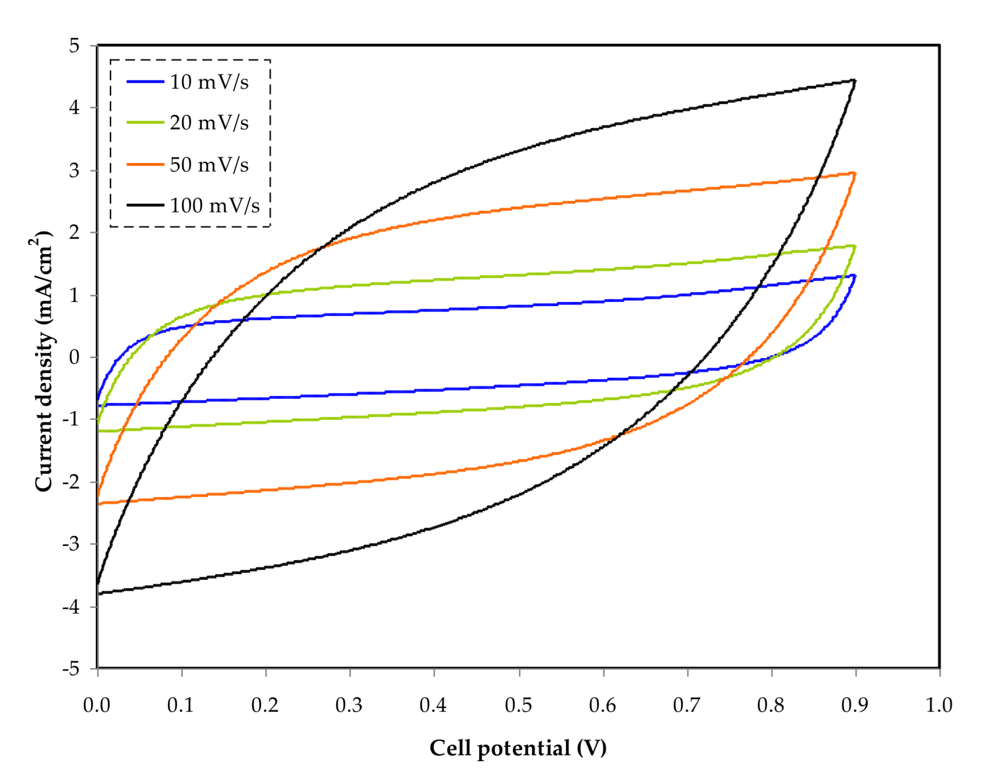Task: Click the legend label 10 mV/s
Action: [209, 82]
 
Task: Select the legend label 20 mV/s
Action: [209, 123]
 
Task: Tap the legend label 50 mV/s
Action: [209, 165]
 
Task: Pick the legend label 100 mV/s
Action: [215, 206]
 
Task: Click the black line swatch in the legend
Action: [145, 205]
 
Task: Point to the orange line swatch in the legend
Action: [145, 164]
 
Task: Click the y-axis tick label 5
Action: [74, 46]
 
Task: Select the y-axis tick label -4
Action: [71, 606]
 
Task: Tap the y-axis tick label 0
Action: [74, 357]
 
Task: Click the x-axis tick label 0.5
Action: [518, 705]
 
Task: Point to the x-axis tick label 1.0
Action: [939, 705]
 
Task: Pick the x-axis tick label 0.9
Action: [855, 705]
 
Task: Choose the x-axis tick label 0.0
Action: [97, 705]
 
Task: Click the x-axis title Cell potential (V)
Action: [518, 748]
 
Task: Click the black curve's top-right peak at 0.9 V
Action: [854, 81]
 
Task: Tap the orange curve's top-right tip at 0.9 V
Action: [854, 173]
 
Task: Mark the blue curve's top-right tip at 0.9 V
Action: [854, 276]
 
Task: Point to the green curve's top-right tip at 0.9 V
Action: [854, 246]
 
